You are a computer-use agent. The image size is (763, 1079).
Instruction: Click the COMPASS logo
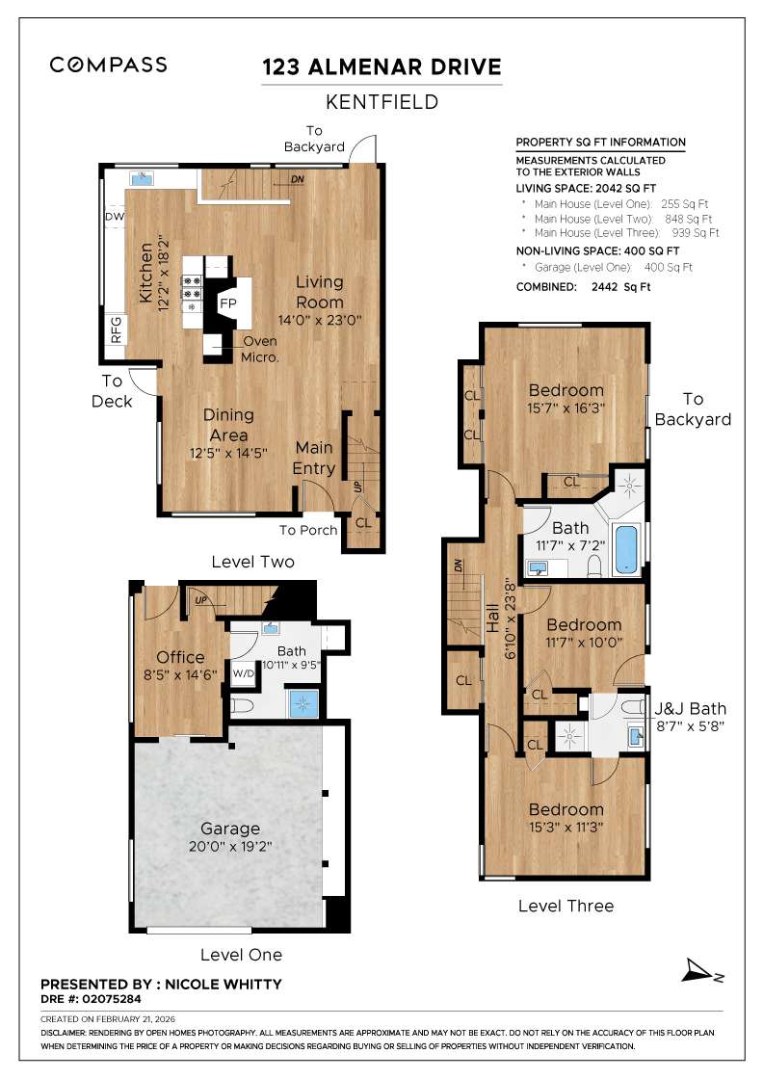pyautogui.click(x=109, y=65)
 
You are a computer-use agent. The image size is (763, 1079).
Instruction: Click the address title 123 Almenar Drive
pyautogui.click(x=382, y=66)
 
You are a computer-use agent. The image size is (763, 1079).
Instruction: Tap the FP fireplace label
pyautogui.click(x=228, y=303)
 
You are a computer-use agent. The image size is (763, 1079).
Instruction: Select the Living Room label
pyautogui.click(x=319, y=292)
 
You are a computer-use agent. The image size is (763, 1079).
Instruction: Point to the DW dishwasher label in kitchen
pyautogui.click(x=115, y=217)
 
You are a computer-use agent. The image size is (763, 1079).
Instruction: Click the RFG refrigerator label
pyautogui.click(x=116, y=329)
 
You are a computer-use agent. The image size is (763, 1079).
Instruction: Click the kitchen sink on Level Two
pyautogui.click(x=143, y=177)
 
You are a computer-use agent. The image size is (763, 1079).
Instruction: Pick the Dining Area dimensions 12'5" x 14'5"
pyautogui.click(x=228, y=451)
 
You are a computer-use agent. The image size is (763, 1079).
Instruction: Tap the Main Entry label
pyautogui.click(x=314, y=459)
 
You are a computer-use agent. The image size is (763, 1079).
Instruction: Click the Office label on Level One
pyautogui.click(x=181, y=657)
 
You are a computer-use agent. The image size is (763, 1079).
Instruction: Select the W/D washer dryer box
pyautogui.click(x=243, y=673)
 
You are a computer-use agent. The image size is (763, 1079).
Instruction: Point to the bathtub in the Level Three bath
pyautogui.click(x=626, y=549)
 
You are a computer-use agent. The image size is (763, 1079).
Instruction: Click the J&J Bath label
pyautogui.click(x=691, y=709)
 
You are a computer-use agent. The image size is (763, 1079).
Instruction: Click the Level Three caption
pyautogui.click(x=566, y=906)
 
